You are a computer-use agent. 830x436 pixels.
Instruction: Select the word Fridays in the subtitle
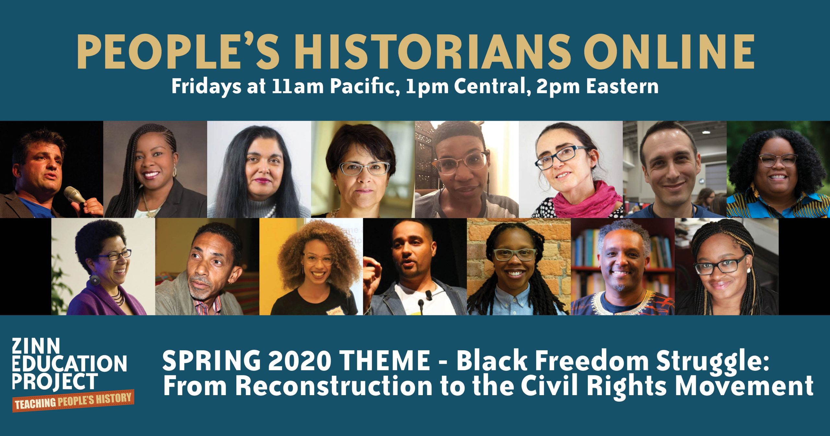206,87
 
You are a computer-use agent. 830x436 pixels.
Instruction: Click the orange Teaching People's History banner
73,401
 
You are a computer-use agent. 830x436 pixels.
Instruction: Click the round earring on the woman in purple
95,280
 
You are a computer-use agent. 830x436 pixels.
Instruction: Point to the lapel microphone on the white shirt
429,295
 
